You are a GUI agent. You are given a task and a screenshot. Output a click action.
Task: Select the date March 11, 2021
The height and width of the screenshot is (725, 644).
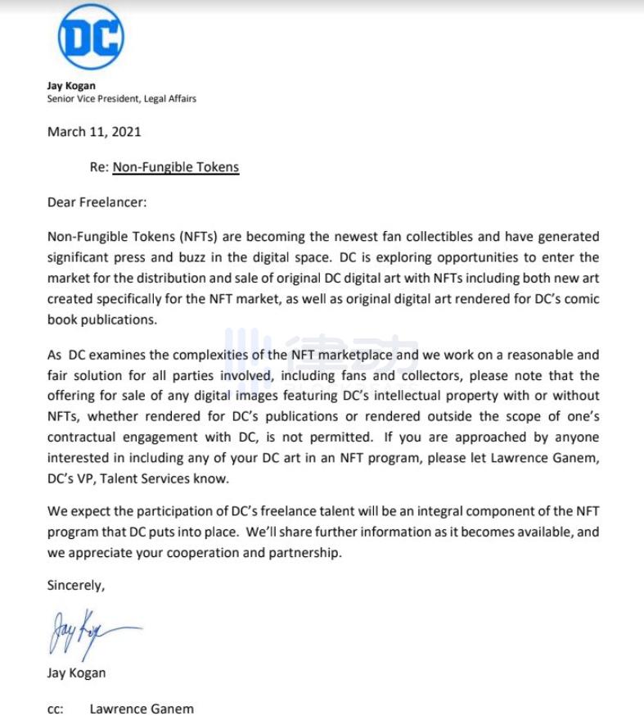(x=94, y=131)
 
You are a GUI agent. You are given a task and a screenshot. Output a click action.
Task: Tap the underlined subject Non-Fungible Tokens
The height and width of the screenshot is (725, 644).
(x=175, y=167)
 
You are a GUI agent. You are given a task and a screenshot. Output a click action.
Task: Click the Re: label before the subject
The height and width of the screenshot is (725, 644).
(x=99, y=167)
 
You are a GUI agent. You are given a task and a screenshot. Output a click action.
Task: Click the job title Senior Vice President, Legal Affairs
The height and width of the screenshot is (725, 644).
(x=121, y=98)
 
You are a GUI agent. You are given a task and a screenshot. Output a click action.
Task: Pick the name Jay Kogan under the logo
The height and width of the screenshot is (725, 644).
(x=71, y=85)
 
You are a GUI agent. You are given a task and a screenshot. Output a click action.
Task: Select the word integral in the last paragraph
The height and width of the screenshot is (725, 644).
(x=448, y=511)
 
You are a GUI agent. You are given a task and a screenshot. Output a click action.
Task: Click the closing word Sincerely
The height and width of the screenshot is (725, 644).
(x=75, y=586)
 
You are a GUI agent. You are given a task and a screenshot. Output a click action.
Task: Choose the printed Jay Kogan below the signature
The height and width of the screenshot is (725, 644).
(x=76, y=673)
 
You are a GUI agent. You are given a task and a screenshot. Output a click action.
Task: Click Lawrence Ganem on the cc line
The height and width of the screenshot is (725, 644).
(x=142, y=709)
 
